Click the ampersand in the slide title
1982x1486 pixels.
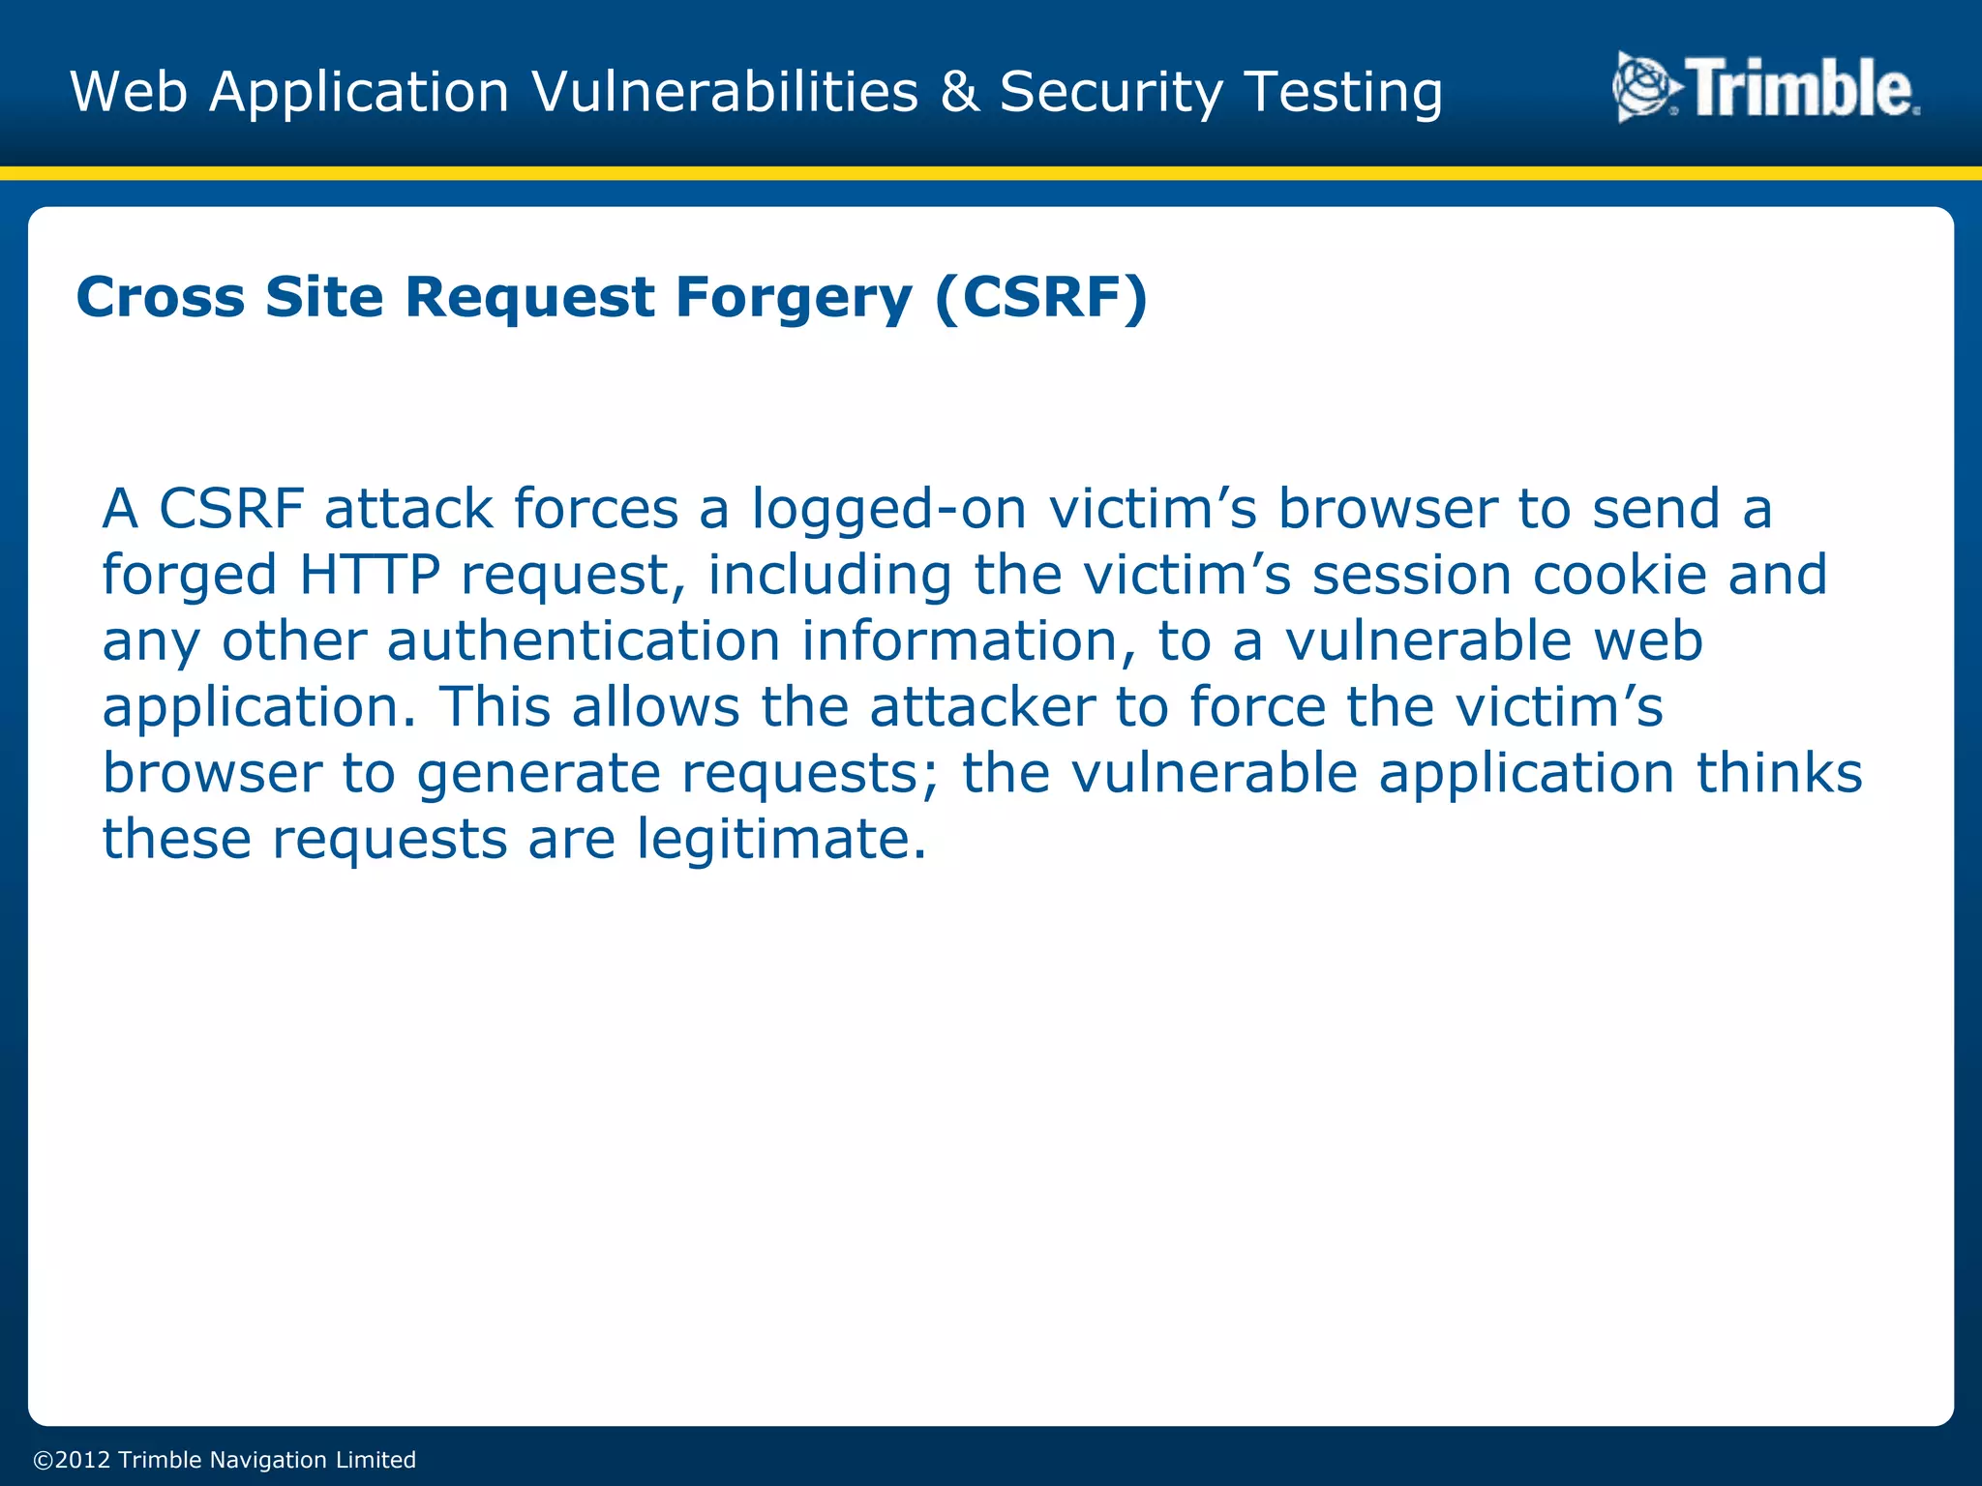[x=958, y=92]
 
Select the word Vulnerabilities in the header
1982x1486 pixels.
[x=725, y=92]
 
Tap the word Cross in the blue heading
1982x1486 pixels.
[x=160, y=297]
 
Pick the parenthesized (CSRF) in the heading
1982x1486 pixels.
[x=1041, y=297]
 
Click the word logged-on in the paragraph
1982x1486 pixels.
[x=888, y=510]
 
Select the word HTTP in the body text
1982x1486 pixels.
[x=370, y=575]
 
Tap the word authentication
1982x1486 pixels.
[x=584, y=641]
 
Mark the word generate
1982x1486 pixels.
[x=538, y=774]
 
